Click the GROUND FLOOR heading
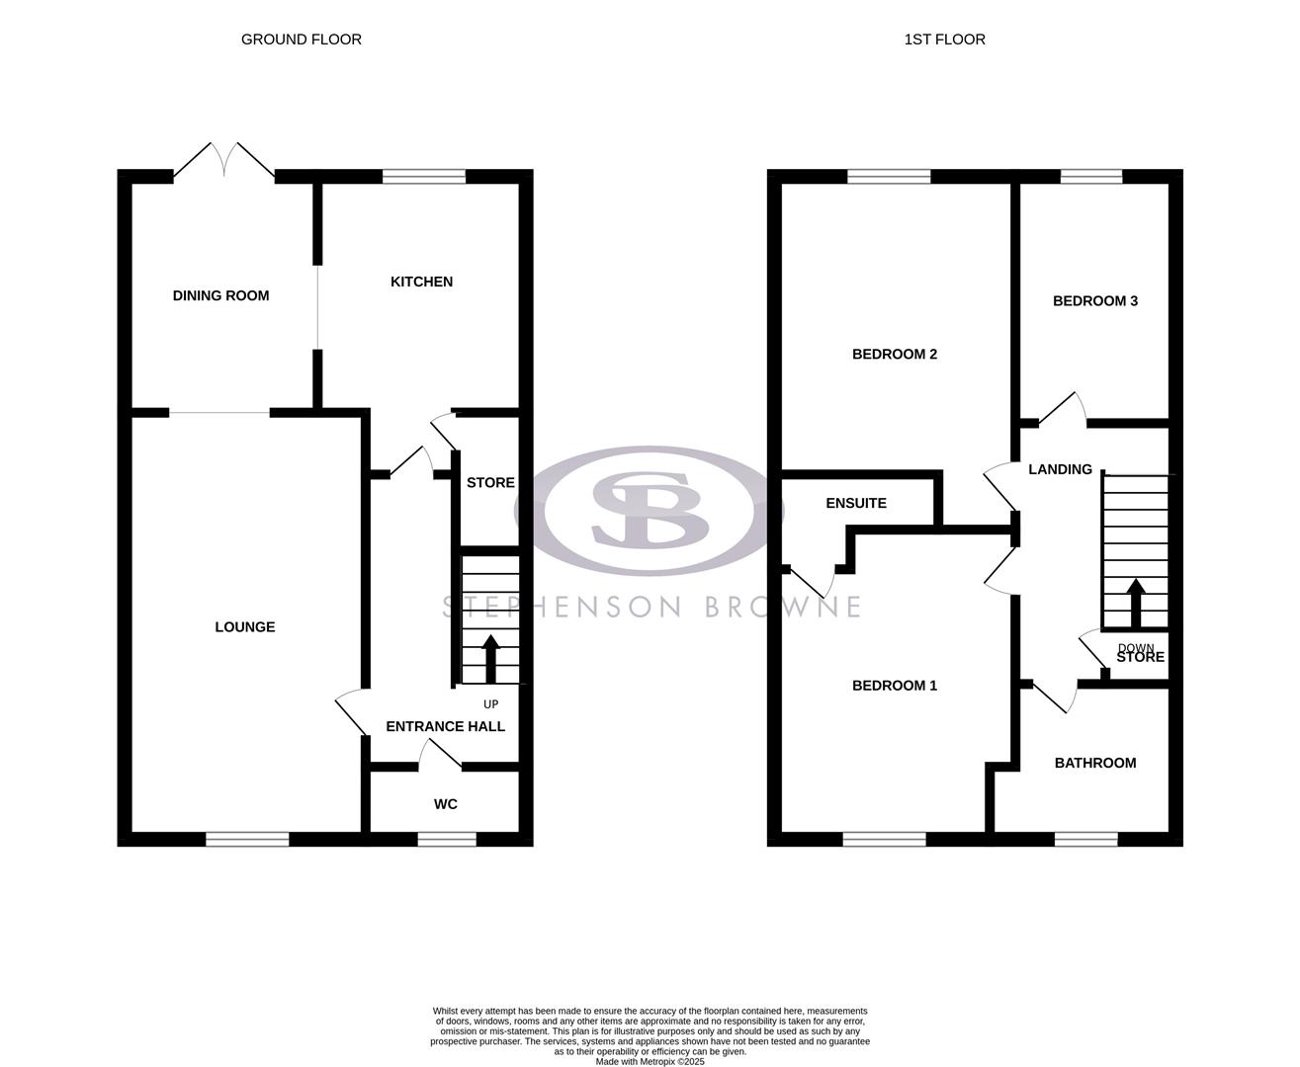pos(302,40)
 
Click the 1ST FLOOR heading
pos(944,40)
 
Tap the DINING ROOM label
pos(220,295)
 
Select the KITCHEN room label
pos(421,282)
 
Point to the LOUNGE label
pos(245,626)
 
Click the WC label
pos(446,804)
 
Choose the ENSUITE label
pos(856,503)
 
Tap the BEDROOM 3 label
pos(1094,300)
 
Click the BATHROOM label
pos(1094,763)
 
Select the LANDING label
pos(1060,469)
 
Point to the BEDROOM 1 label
pos(895,685)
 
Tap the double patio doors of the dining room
pos(224,162)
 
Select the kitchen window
pos(423,177)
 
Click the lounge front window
pos(247,839)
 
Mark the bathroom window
pos(1085,839)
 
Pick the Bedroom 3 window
pos(1091,177)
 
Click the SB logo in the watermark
pos(650,510)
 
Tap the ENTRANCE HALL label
pos(445,726)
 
